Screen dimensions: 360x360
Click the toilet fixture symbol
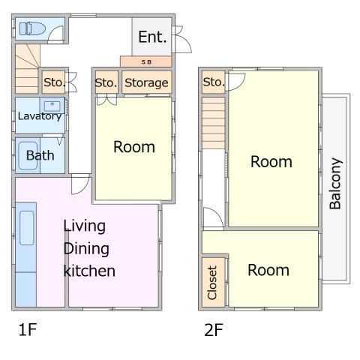pyautogui.click(x=32, y=28)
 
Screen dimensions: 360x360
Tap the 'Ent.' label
pyautogui.click(x=152, y=37)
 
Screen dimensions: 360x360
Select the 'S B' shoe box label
pyautogui.click(x=146, y=62)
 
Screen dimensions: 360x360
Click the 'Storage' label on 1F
pyautogui.click(x=146, y=82)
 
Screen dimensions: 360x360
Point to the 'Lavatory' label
pyautogui.click(x=40, y=116)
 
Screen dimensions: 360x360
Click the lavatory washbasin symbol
pyautogui.click(x=52, y=106)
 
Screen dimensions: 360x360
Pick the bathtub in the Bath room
pyautogui.click(x=28, y=155)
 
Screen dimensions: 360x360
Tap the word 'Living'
pyautogui.click(x=84, y=226)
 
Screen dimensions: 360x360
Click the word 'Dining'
pyautogui.click(x=86, y=249)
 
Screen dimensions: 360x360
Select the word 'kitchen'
pyautogui.click(x=89, y=271)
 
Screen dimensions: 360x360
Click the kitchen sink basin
pyautogui.click(x=27, y=228)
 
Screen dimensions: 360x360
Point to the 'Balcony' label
pyautogui.click(x=335, y=183)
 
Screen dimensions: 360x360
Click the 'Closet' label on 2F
pyautogui.click(x=212, y=283)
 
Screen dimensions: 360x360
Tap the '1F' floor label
pyautogui.click(x=28, y=329)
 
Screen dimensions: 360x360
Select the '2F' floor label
pyautogui.click(x=214, y=330)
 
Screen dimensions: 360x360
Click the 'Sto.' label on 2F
pyautogui.click(x=214, y=82)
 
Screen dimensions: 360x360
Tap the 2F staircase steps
pyautogui.click(x=214, y=123)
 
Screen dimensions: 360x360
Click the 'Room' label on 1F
pyautogui.click(x=134, y=147)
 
